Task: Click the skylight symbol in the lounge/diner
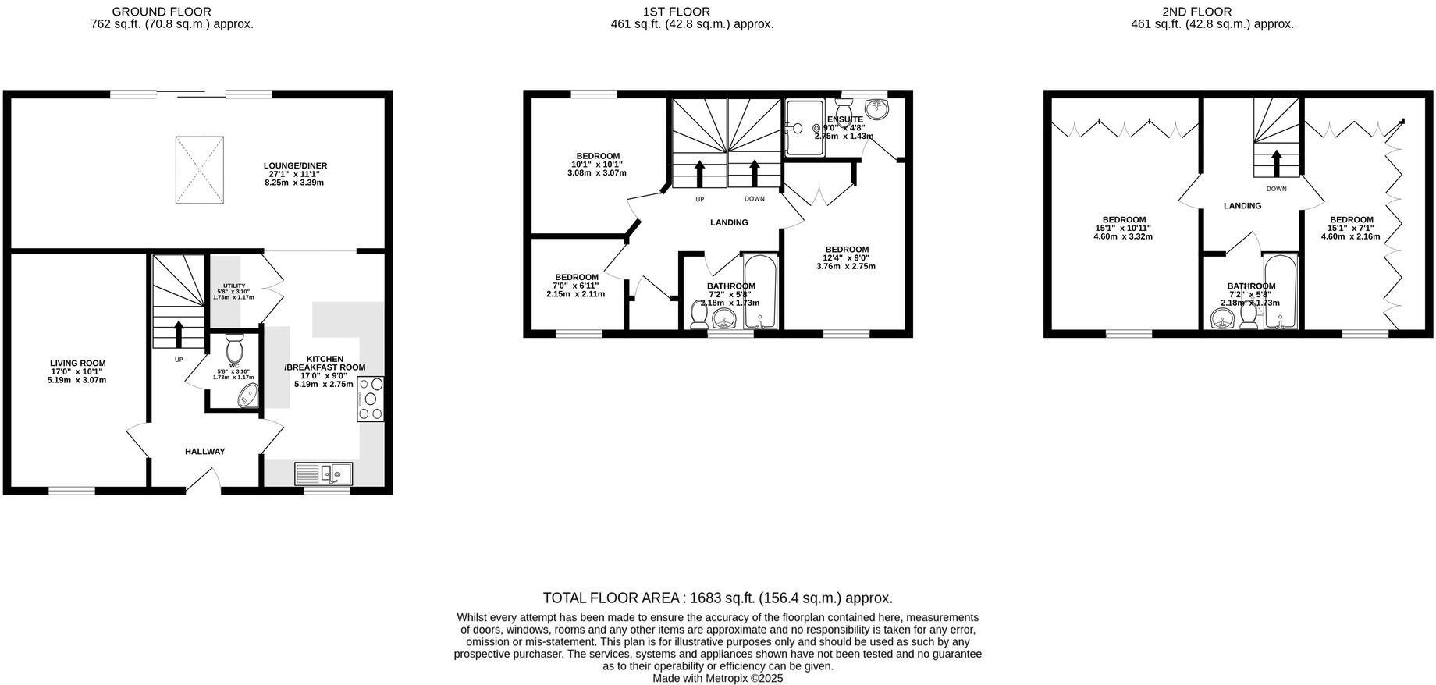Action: point(200,169)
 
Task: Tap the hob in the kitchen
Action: point(370,399)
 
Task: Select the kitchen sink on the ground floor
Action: point(324,474)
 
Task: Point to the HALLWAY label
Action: point(204,452)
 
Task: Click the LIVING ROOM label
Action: point(77,364)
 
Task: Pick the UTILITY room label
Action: point(233,286)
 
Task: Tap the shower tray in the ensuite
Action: point(804,127)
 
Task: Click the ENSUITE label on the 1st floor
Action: point(844,119)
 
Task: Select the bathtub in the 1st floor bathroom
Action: point(760,290)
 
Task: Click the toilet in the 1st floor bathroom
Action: point(699,315)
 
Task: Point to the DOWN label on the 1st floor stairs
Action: point(754,199)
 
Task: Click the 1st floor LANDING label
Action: point(729,223)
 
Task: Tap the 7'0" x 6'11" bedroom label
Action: point(576,278)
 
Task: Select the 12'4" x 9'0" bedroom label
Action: point(846,250)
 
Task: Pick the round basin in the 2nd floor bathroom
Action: point(1222,318)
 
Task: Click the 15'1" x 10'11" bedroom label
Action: point(1123,220)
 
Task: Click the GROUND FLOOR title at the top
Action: point(162,12)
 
